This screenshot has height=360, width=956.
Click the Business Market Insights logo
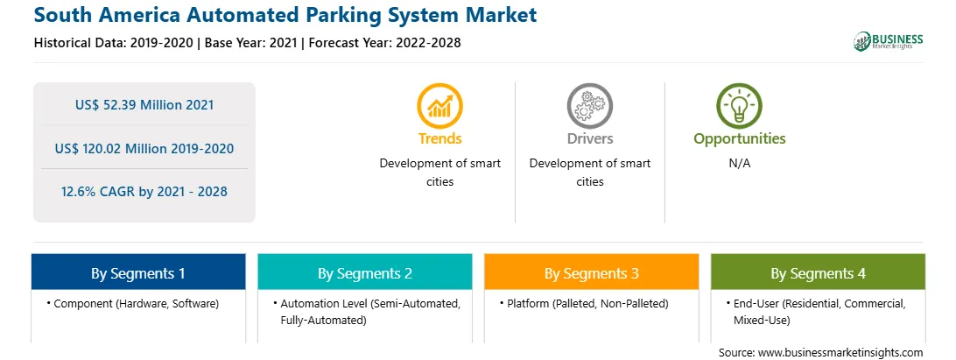click(889, 41)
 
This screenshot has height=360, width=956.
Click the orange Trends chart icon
click(439, 106)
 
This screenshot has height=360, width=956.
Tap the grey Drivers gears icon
click(589, 106)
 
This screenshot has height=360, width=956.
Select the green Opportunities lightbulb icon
click(739, 106)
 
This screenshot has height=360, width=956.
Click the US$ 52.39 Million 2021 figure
click(144, 105)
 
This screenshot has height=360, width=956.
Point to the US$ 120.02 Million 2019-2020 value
click(144, 148)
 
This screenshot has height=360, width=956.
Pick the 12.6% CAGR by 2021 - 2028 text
click(144, 192)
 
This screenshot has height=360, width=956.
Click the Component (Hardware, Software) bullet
click(132, 303)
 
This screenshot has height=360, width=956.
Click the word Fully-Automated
click(323, 321)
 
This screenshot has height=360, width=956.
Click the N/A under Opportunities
click(740, 164)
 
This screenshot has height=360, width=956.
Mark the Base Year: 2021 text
click(251, 43)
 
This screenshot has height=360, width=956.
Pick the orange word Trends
click(439, 138)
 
